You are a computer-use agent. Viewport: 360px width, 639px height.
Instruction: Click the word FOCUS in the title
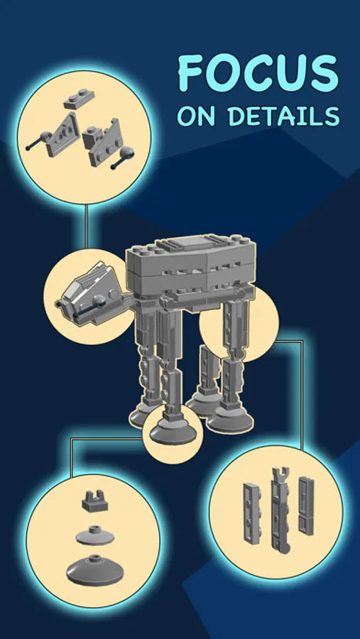click(258, 74)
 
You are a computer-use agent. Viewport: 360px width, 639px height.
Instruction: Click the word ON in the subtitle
click(196, 116)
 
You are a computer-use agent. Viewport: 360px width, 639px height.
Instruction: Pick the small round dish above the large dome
click(95, 535)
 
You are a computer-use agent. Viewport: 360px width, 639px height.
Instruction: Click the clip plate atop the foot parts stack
click(95, 501)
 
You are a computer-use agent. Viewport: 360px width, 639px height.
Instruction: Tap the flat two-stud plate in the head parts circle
click(79, 99)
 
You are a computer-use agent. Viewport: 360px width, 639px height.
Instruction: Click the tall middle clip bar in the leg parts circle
click(280, 509)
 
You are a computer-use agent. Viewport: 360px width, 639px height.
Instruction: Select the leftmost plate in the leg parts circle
click(252, 513)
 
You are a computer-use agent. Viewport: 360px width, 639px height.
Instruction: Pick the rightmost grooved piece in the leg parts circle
click(306, 505)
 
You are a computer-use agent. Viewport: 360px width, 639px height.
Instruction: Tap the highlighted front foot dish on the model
click(173, 433)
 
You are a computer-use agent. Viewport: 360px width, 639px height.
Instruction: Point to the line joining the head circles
click(86, 226)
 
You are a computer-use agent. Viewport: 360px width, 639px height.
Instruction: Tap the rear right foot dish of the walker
click(229, 420)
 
